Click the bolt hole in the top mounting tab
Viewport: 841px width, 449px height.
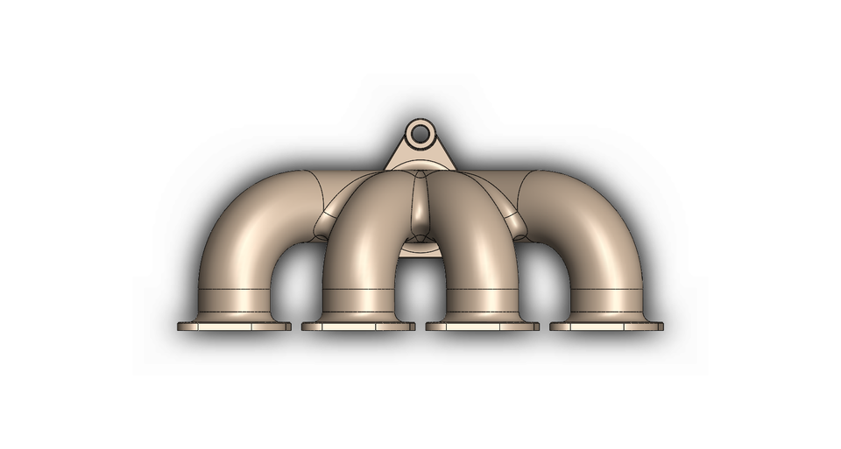[x=421, y=134]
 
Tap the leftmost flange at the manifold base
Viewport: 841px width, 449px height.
[x=234, y=326]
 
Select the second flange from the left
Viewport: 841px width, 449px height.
[x=358, y=326]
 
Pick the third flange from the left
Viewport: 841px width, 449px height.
[x=483, y=326]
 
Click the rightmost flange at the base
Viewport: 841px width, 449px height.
[x=607, y=326]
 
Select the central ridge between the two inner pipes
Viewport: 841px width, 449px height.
[x=421, y=210]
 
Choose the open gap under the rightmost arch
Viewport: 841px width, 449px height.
[x=545, y=280]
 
